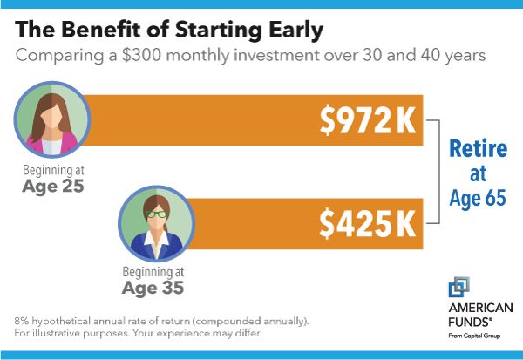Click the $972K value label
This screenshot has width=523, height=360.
[368, 120]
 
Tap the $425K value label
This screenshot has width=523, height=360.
[368, 223]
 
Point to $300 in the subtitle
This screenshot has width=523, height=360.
[141, 56]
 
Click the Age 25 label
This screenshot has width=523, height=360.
[53, 186]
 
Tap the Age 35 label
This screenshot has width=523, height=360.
[153, 288]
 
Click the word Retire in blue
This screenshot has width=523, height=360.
[478, 148]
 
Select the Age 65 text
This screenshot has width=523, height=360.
[478, 198]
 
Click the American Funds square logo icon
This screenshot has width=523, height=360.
[459, 287]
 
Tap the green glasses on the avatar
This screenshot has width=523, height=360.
[157, 214]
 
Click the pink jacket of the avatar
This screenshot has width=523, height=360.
[52, 144]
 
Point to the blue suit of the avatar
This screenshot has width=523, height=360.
[156, 246]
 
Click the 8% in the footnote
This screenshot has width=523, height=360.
[22, 321]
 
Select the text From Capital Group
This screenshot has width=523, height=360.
[474, 336]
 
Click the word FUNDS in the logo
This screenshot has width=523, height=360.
[470, 323]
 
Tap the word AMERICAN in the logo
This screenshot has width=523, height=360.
[480, 308]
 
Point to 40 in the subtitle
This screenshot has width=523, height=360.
[431, 55]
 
